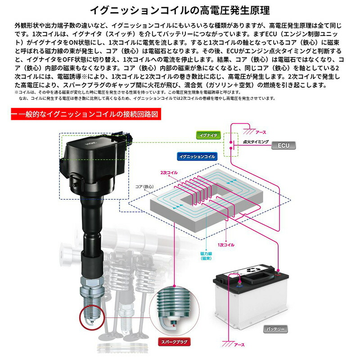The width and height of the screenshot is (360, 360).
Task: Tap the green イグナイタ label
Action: pos(208,135)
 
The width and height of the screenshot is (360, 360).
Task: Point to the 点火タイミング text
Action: pos(256,142)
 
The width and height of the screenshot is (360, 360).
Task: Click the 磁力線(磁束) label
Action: pos(206,256)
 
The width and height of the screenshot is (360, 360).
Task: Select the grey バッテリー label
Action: pos(274,329)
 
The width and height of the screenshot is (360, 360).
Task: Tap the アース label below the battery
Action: pos(240,345)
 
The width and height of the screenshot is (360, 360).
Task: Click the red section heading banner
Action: pos(85,114)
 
